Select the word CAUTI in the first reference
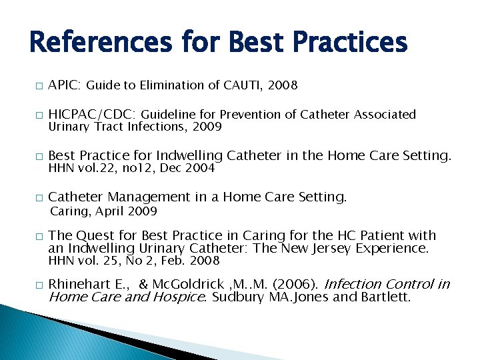click(243, 85)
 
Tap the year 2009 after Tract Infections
click(207, 127)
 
